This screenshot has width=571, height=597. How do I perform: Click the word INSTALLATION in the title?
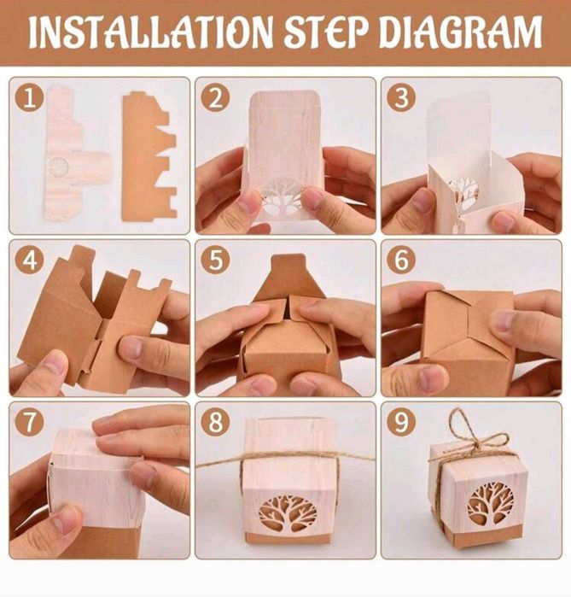coord(150,31)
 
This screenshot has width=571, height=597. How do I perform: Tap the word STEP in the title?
coord(328,31)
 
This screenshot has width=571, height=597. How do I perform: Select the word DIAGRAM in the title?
coord(461,31)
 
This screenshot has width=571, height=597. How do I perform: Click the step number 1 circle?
coord(29,98)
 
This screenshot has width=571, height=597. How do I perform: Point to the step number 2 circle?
coord(215,98)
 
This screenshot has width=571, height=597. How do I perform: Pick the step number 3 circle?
coord(401,98)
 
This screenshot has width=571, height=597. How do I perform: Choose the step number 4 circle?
coord(29,260)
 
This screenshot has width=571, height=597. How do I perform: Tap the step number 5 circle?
coord(215,260)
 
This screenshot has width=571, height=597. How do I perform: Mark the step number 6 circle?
coord(401,260)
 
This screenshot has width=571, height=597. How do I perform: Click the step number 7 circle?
coord(29,423)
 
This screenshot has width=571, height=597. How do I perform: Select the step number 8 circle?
coord(215,423)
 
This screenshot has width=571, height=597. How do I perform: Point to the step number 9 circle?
coord(401,423)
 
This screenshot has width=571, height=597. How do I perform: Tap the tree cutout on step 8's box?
coord(288,512)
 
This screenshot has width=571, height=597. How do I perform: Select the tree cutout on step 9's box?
coord(491,505)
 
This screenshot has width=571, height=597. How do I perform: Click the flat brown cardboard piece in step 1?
coord(149,157)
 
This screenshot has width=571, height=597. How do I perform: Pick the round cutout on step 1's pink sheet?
coord(59,167)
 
